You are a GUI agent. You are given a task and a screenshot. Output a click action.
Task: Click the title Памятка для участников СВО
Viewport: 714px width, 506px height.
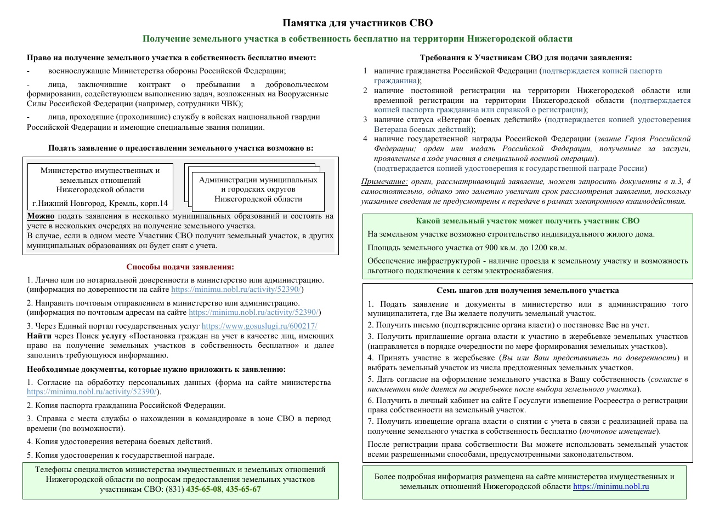point(357,23)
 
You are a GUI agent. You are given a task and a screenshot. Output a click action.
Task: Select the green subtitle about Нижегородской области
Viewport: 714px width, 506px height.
point(357,39)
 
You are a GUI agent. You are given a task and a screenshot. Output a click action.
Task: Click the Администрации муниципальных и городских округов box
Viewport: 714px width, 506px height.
point(258,189)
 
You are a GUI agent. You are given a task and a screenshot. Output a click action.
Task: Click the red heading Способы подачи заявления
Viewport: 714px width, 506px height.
point(180,267)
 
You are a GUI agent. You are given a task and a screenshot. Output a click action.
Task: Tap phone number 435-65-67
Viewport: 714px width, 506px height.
point(243,489)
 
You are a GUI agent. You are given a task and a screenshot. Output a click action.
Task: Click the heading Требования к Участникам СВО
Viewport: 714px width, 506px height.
point(526,58)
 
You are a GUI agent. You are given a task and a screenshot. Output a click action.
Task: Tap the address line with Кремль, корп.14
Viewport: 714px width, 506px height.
point(100,204)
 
